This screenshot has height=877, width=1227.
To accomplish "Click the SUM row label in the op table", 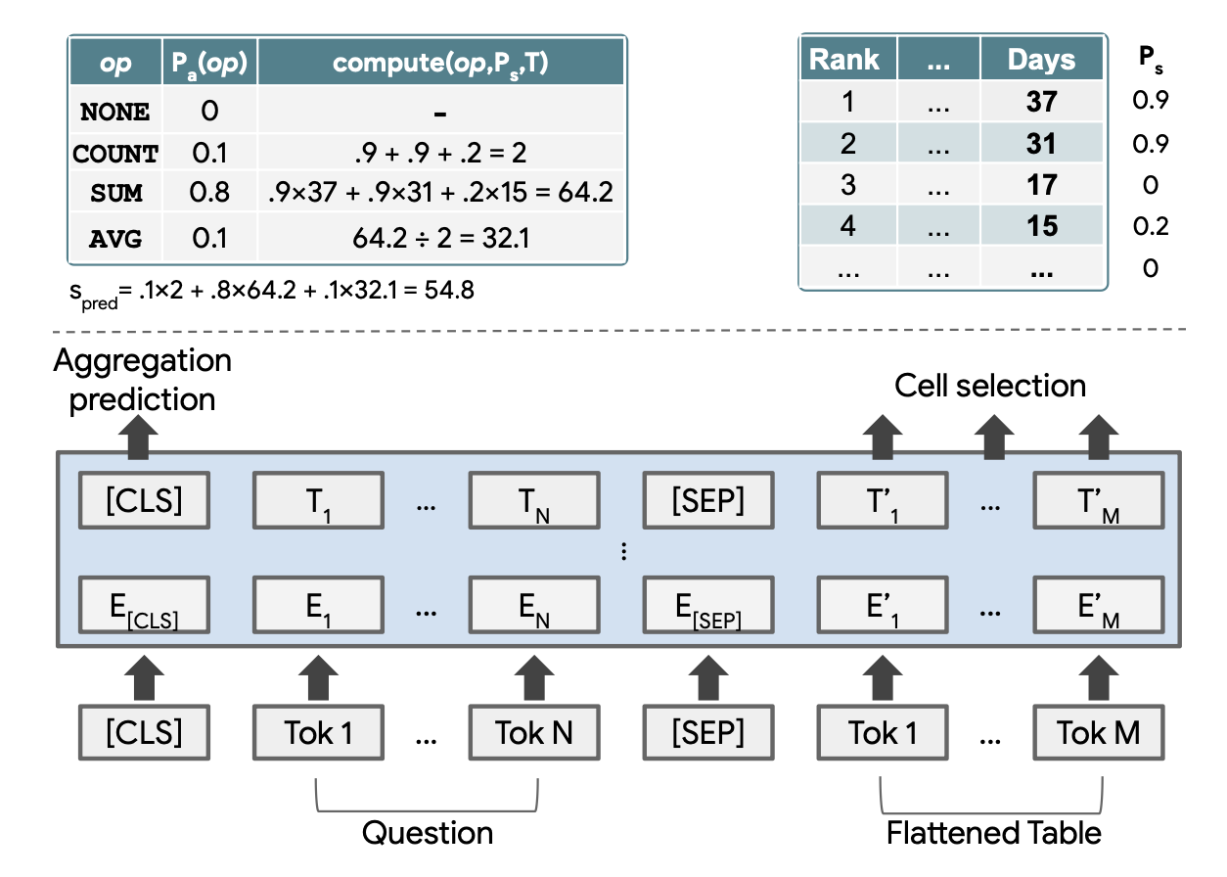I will [116, 193].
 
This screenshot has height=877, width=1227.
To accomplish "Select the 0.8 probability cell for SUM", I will [209, 193].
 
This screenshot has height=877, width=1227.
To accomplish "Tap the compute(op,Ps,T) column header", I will [440, 63].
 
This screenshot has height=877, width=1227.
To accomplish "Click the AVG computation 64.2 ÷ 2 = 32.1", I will [440, 236].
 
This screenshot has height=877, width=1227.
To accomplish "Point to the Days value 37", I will [1042, 102].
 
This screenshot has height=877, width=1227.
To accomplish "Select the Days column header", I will [1041, 61].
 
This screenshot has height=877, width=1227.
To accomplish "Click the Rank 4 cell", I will [847, 226].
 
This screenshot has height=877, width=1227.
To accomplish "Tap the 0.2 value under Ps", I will [1150, 226].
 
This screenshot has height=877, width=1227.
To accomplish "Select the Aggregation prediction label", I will [142, 381].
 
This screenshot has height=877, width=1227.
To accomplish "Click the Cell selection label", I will [990, 386].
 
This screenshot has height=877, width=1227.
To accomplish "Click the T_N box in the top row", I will [532, 501].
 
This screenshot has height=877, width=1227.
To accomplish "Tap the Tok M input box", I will [1098, 733].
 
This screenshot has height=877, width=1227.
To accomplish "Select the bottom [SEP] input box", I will [706, 733].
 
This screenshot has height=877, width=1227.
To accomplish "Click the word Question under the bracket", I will [428, 834].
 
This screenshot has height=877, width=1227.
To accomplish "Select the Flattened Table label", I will [993, 834].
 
